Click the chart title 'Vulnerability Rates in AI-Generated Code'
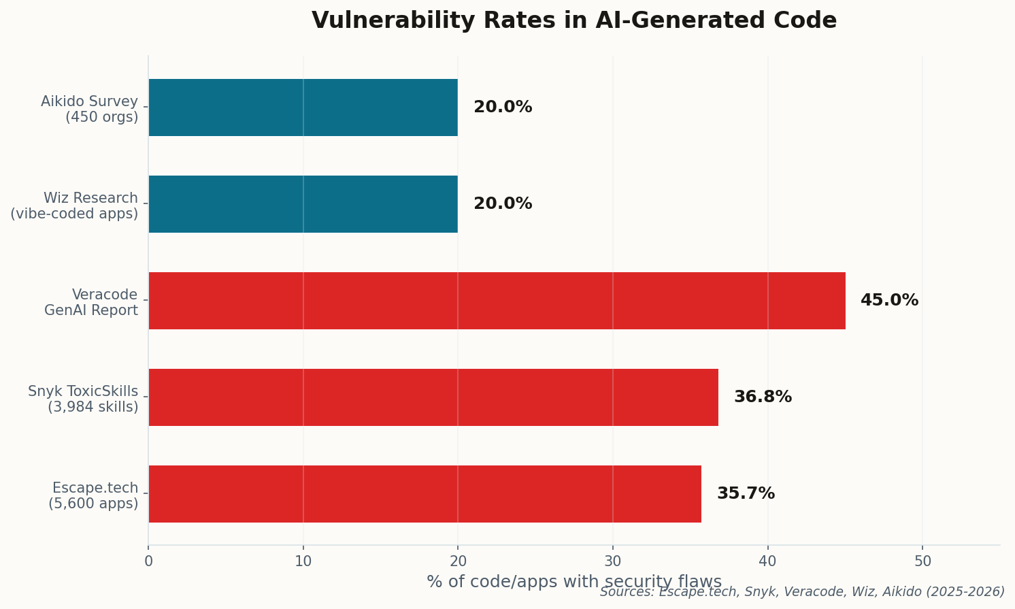[573, 20]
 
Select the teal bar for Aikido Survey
[303, 108]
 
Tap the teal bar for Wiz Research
[303, 204]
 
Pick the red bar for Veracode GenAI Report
[497, 301]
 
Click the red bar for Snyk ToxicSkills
[433, 397]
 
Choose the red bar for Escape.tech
[425, 494]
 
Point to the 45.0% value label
[889, 301]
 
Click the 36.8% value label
[763, 397]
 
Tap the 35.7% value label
[746, 494]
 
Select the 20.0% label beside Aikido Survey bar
[503, 108]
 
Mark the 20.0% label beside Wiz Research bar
[503, 204]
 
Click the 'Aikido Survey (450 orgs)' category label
[89, 109]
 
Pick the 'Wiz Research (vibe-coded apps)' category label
[74, 205]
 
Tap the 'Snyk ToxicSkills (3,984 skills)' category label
[83, 399]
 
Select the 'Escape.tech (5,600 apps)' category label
[93, 495]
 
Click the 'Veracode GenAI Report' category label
[91, 302]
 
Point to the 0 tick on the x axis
[148, 561]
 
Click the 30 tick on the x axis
[613, 561]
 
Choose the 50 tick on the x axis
[922, 561]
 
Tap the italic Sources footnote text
[802, 592]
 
